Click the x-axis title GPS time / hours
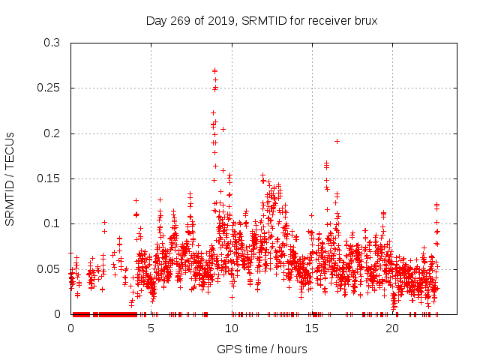pyautogui.click(x=262, y=349)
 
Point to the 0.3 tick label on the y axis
pyautogui.click(x=52, y=43)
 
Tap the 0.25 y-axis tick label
pyautogui.click(x=49, y=88)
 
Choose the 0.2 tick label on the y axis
pyautogui.click(x=52, y=133)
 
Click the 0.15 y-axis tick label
pyautogui.click(x=49, y=178)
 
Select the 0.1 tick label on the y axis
pyautogui.click(x=52, y=223)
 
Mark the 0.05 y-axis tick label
pyautogui.click(x=49, y=268)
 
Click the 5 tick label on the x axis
pyautogui.click(x=151, y=328)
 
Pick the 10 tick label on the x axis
pyautogui.click(x=232, y=328)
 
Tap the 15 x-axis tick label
pyautogui.click(x=312, y=328)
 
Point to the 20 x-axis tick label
pyautogui.click(x=392, y=328)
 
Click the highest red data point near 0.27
pyautogui.click(x=214, y=70)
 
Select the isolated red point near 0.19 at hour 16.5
pyautogui.click(x=337, y=141)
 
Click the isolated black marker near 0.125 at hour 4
pyautogui.click(x=136, y=200)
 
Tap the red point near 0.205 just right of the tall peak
pyautogui.click(x=223, y=129)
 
